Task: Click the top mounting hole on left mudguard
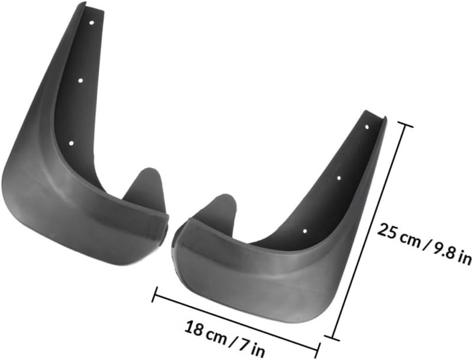pos(92,22)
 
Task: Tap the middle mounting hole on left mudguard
pos(80,80)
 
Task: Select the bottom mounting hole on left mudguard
pos(71,143)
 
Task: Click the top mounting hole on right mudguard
pos(367,127)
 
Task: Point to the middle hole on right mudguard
pos(339,178)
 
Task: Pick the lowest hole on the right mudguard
pos(304,231)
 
